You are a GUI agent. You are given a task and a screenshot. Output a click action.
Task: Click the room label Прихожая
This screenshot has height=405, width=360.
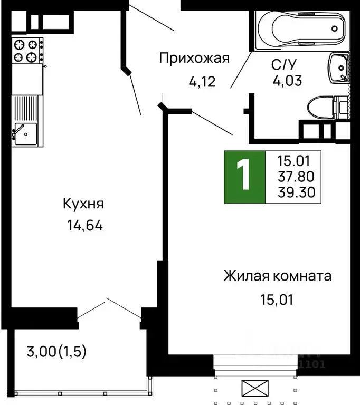point(194,58)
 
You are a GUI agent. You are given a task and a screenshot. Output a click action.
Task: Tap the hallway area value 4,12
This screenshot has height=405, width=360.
point(202,81)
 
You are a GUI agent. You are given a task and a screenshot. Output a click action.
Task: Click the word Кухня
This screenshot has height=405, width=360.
point(83,204)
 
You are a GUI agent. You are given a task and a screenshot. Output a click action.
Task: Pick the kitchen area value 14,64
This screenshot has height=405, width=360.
point(84,226)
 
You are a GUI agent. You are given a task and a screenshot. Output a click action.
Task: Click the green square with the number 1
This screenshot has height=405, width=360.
point(243,177)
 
